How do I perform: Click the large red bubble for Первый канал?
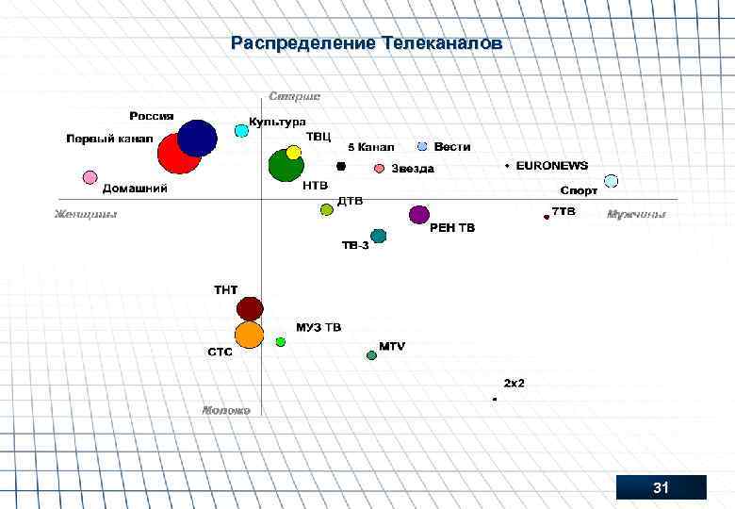[x=179, y=154]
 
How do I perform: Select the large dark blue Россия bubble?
[x=198, y=138]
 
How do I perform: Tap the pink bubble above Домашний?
[x=90, y=177]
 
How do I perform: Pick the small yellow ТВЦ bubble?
[x=293, y=153]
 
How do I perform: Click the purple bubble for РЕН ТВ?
[x=419, y=215]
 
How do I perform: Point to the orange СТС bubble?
[x=249, y=335]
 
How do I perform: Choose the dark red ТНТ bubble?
[x=249, y=308]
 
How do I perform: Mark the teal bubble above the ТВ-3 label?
[x=378, y=235]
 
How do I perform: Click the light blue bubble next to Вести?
[x=422, y=146]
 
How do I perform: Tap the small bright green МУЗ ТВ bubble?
[x=280, y=341]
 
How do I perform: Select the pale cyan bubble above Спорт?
[x=611, y=180]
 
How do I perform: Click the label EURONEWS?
[x=551, y=165]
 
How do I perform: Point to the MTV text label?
[x=392, y=347]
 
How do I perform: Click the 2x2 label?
[x=514, y=383]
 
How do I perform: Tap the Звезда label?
[x=413, y=169]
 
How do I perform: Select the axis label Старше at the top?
[x=294, y=96]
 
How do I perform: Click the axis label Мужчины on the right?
[x=636, y=214]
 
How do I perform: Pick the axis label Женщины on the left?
[x=86, y=214]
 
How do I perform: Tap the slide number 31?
[x=661, y=487]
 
